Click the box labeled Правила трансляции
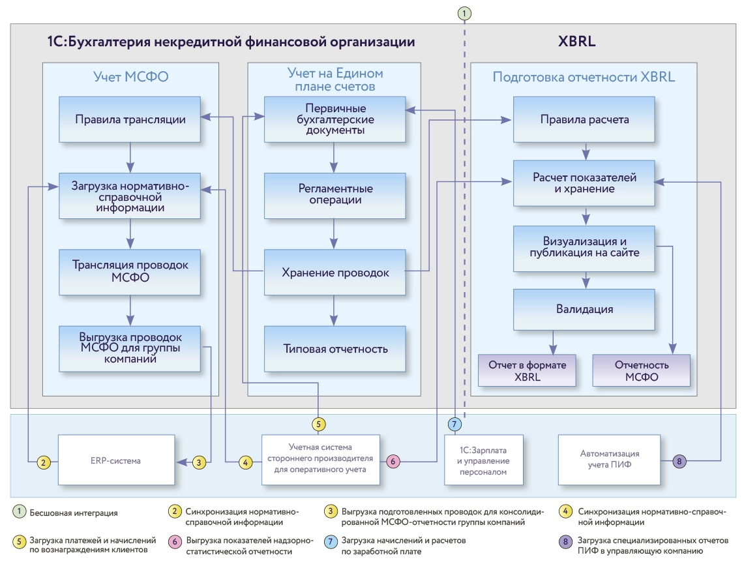coord(130,120)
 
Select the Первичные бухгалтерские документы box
coord(335,119)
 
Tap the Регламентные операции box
coord(335,195)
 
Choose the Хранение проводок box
coord(335,273)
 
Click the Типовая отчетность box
coord(335,349)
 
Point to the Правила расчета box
coord(584,120)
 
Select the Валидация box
coord(584,309)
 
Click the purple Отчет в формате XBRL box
coord(527,371)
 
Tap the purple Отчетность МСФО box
coord(640,371)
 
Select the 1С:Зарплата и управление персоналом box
coord(483,460)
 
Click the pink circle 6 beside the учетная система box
coord(393,462)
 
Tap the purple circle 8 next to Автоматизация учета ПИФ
coord(679,462)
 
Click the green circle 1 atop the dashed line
coord(464,13)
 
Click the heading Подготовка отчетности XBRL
coord(584,77)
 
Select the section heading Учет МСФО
coord(130,77)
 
